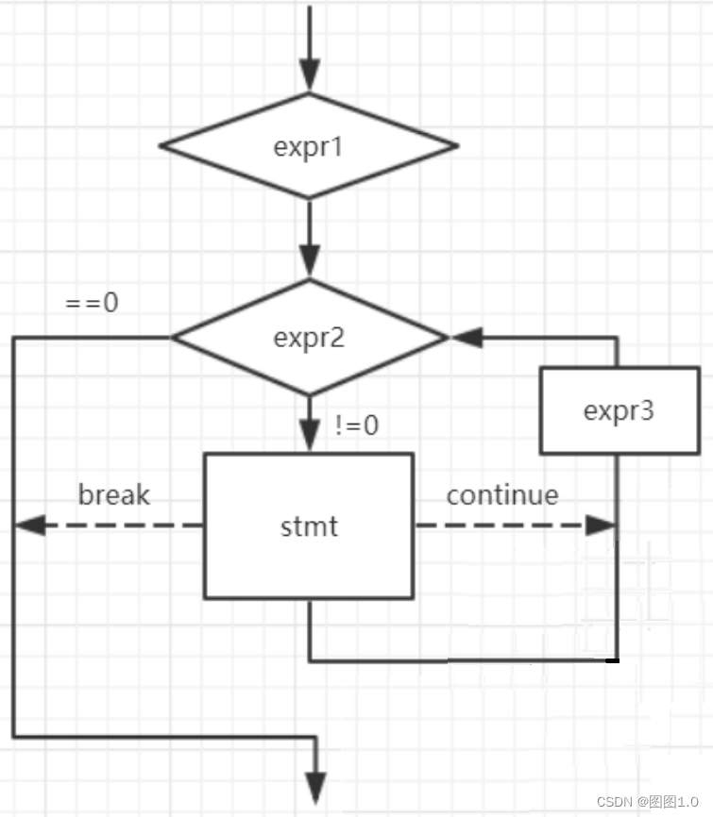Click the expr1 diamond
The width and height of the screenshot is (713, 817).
(309, 146)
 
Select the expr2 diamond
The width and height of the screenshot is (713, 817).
(309, 338)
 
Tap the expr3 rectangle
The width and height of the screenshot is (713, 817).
(618, 410)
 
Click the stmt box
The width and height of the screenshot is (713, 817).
(309, 525)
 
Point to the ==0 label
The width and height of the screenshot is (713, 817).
(92, 304)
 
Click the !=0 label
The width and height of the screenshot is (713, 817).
(357, 426)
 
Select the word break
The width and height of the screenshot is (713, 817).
(114, 494)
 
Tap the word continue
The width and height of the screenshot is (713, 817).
(502, 494)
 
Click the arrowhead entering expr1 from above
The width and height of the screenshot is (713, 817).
(309, 74)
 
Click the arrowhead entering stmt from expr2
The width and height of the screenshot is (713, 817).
(309, 435)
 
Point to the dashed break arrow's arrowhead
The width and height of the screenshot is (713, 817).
(29, 525)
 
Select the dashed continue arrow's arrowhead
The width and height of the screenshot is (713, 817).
(601, 525)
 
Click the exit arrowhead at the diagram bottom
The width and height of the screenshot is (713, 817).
(316, 787)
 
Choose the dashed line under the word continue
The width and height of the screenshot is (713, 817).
(501, 525)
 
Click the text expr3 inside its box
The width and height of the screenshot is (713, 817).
(618, 411)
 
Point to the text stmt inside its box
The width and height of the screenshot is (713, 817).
(309, 526)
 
